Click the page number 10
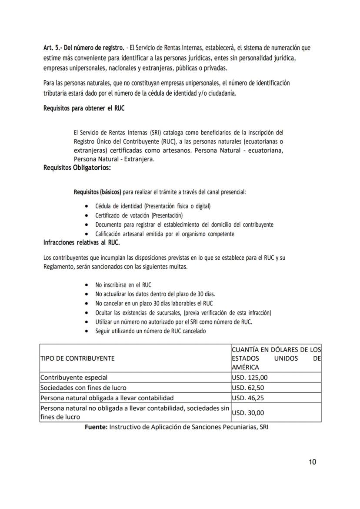[x=312, y=462]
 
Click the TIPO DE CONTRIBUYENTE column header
[x=77, y=358]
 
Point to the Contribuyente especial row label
[x=74, y=378]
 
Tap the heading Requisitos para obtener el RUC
[x=83, y=108]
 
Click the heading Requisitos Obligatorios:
[x=77, y=168]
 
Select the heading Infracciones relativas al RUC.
[x=82, y=243]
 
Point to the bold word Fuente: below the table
[x=96, y=427]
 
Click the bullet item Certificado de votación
[x=139, y=215]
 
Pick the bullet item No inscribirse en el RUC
[x=123, y=285]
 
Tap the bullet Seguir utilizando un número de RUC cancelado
[x=150, y=331]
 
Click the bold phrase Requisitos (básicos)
[x=97, y=192]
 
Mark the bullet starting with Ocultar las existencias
[x=183, y=313]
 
